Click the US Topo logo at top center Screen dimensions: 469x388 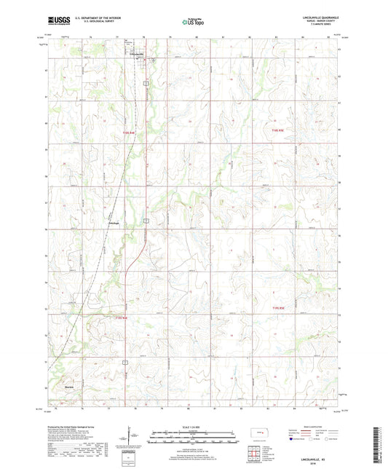click(x=191, y=22)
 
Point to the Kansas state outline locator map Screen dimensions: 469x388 click(x=258, y=434)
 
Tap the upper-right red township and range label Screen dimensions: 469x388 click(x=272, y=130)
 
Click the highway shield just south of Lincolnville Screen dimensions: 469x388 click(x=146, y=85)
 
